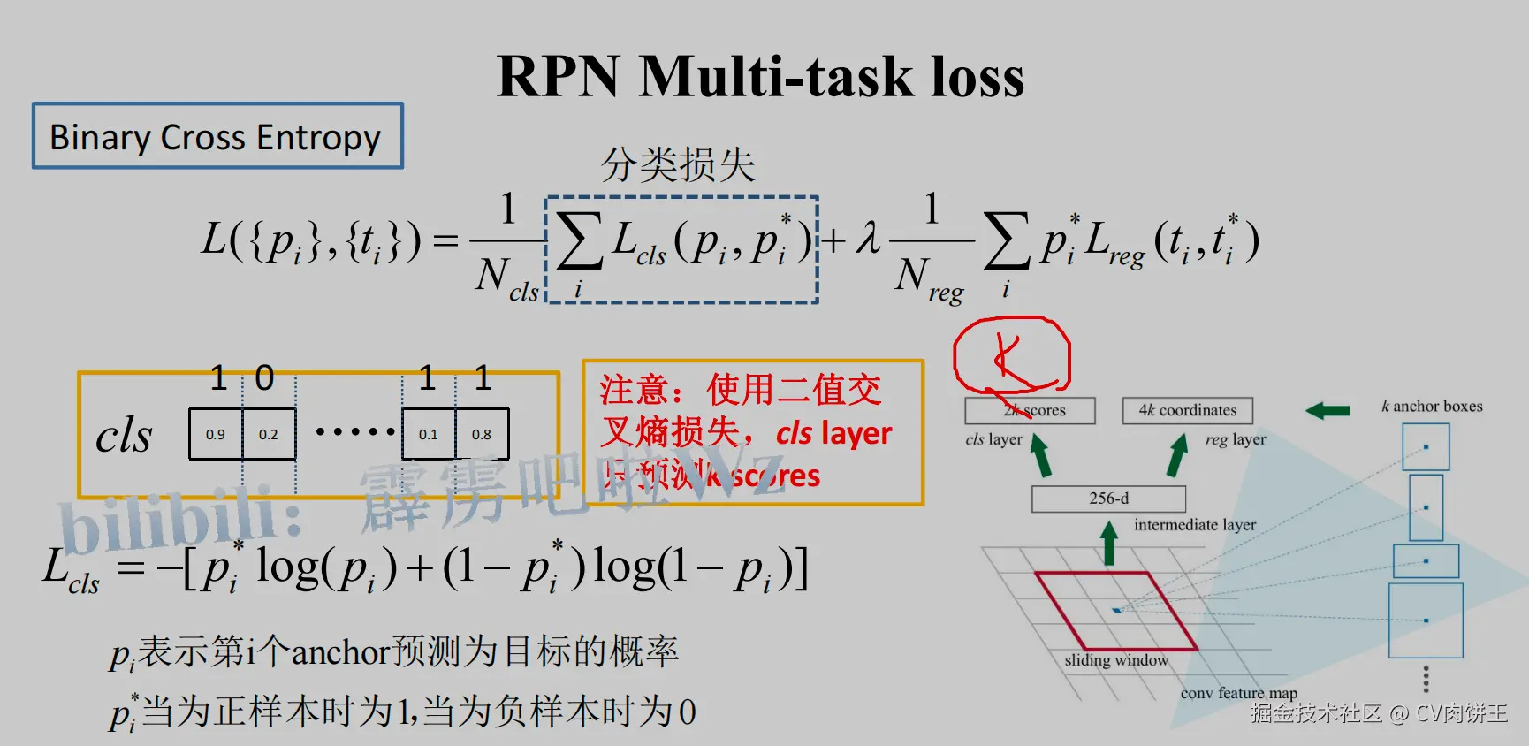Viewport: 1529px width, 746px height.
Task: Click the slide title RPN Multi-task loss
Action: pos(760,76)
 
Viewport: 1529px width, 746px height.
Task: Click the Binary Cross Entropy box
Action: pos(217,136)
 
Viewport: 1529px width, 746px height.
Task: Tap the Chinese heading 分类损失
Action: pos(678,164)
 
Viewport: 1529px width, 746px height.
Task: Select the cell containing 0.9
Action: pos(216,434)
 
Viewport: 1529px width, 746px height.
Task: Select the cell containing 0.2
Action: pos(269,434)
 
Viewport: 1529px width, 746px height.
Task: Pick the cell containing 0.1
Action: pos(429,434)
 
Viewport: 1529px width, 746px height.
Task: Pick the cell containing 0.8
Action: pos(482,434)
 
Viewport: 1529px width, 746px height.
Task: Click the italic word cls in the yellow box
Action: pos(124,435)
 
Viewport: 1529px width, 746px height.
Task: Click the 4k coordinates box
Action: pos(1187,410)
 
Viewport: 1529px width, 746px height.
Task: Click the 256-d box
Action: pos(1108,499)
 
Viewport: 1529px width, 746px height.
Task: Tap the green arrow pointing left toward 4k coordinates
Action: pos(1327,410)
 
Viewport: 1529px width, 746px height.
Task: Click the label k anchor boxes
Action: pos(1432,407)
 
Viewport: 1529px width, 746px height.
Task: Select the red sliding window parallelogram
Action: pos(1115,611)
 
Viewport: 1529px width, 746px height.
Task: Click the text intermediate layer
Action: pos(1194,525)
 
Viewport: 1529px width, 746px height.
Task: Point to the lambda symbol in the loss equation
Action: pos(868,239)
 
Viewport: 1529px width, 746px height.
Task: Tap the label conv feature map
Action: pos(1238,693)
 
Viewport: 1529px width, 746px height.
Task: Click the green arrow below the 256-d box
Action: pos(1108,543)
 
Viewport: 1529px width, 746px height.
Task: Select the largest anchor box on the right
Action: pos(1426,620)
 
